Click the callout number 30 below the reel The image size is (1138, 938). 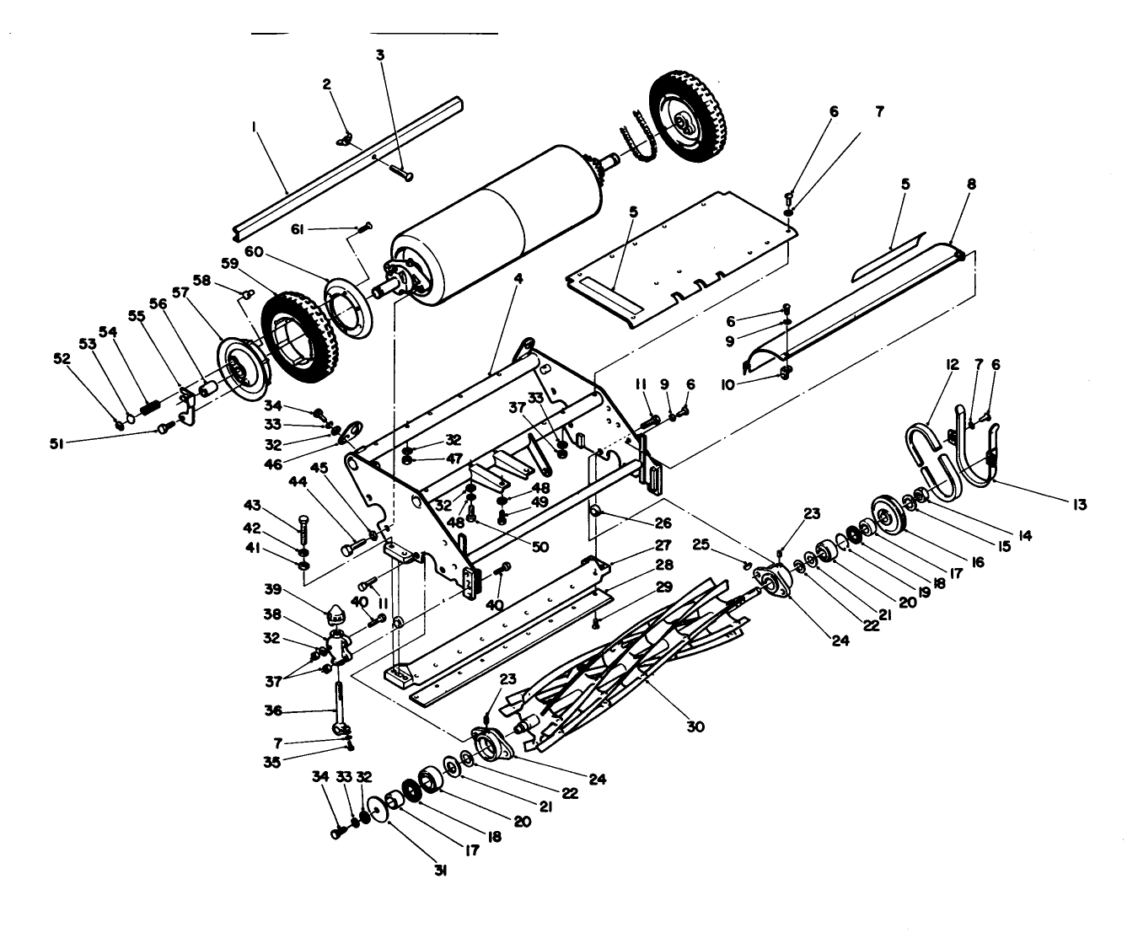695,726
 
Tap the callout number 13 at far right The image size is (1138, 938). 1079,504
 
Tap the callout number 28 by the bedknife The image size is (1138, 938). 665,565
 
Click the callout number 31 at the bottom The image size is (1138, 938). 439,871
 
